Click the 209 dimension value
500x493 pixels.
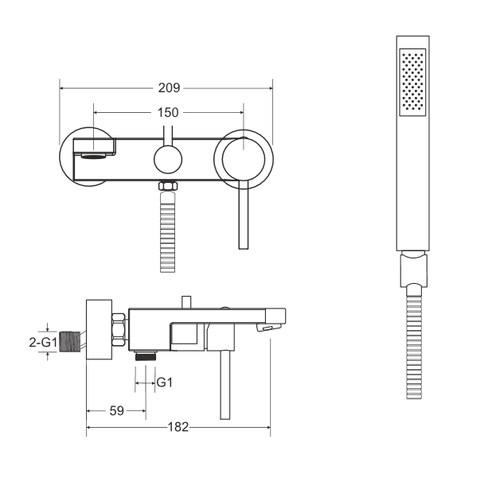point(169,87)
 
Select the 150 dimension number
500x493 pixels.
point(167,112)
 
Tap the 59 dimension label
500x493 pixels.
point(116,411)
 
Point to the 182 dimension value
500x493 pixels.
point(178,427)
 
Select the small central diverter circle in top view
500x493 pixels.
point(168,159)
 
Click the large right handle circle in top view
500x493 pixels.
point(245,157)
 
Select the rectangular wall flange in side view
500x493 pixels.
point(98,330)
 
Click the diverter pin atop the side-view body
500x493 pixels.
point(187,301)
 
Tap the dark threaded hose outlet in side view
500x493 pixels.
point(145,355)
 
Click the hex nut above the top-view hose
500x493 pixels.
point(167,188)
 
